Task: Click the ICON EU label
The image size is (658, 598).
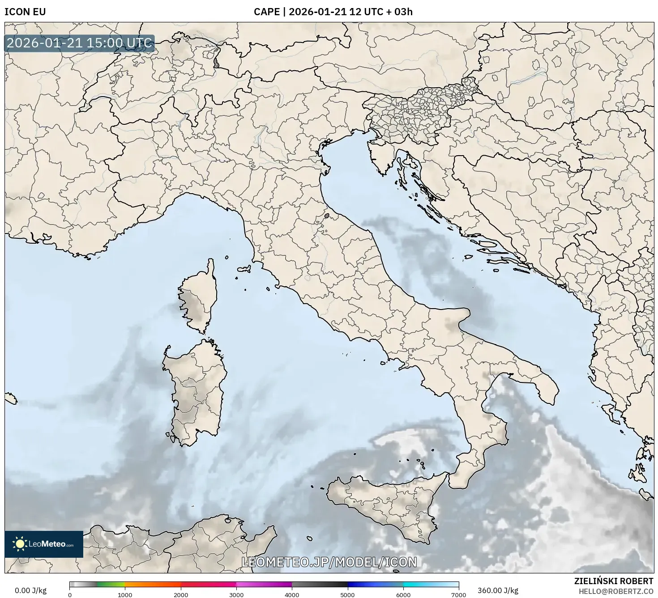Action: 25,12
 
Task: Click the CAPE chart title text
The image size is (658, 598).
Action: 333,12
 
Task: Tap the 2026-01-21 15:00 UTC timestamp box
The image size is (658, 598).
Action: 80,43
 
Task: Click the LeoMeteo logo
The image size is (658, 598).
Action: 44,544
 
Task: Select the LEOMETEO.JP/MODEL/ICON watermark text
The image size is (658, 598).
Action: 329,562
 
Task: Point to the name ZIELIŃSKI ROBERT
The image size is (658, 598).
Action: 613,581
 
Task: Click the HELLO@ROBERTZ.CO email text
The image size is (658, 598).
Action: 615,591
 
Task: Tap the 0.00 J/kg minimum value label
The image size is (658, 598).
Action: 30,590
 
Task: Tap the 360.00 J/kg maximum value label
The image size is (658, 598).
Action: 498,590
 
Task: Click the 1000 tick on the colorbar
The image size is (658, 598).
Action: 125,594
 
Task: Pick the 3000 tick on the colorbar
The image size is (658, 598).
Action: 236,594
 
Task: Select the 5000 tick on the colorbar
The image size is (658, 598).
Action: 348,594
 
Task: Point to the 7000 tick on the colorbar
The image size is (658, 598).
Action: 458,594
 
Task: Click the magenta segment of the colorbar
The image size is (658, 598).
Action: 264,584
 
